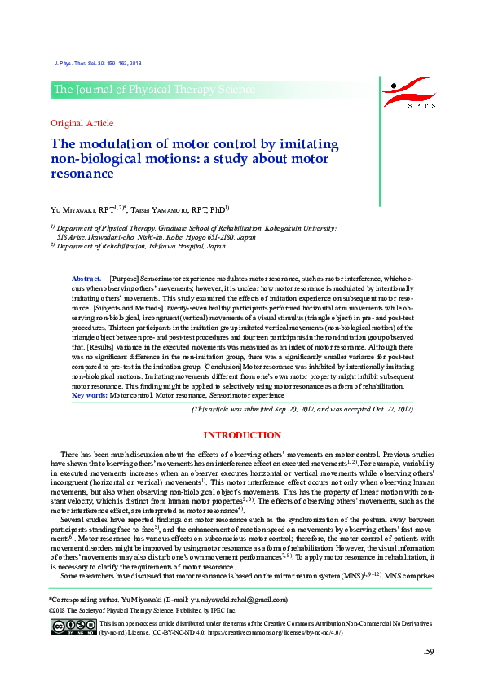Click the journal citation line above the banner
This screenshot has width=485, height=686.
[x=96, y=63]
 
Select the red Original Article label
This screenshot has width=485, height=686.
[x=82, y=123]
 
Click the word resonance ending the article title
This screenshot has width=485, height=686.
[x=82, y=173]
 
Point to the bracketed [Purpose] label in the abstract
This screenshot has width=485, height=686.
[x=124, y=279]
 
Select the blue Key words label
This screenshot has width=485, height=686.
[x=89, y=395]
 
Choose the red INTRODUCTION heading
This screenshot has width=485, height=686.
[x=242, y=436]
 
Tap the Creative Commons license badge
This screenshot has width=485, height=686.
[x=73, y=627]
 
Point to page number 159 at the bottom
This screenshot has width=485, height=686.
[x=427, y=650]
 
